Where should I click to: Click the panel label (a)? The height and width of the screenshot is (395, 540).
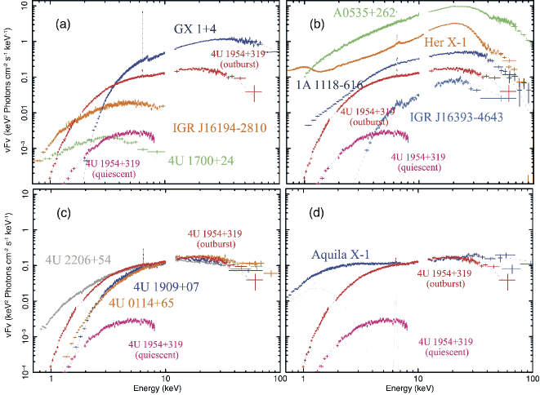point(65,25)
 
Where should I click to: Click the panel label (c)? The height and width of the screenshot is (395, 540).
point(65,215)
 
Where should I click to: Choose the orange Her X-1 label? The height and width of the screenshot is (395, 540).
point(446,40)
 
